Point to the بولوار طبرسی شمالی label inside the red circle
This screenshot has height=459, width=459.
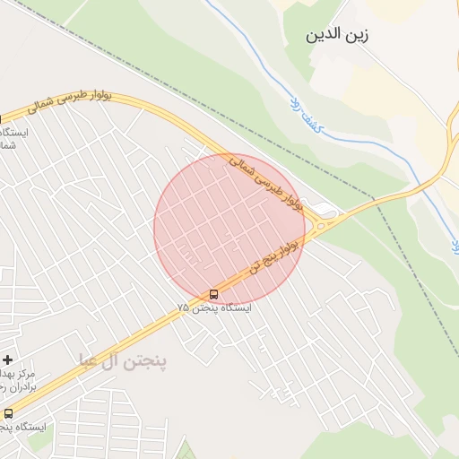pos(268,186)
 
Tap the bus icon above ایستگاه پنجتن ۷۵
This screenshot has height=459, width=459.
pos(213,294)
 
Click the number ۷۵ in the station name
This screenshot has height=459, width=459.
pos(183,308)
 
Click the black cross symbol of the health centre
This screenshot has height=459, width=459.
pos(7,359)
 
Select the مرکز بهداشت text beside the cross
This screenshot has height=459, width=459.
pos(18,373)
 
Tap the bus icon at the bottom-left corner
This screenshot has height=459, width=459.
pos(8,413)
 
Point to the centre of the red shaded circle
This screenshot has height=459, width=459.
pos(230,229)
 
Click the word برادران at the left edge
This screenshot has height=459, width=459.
pos(16,387)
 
